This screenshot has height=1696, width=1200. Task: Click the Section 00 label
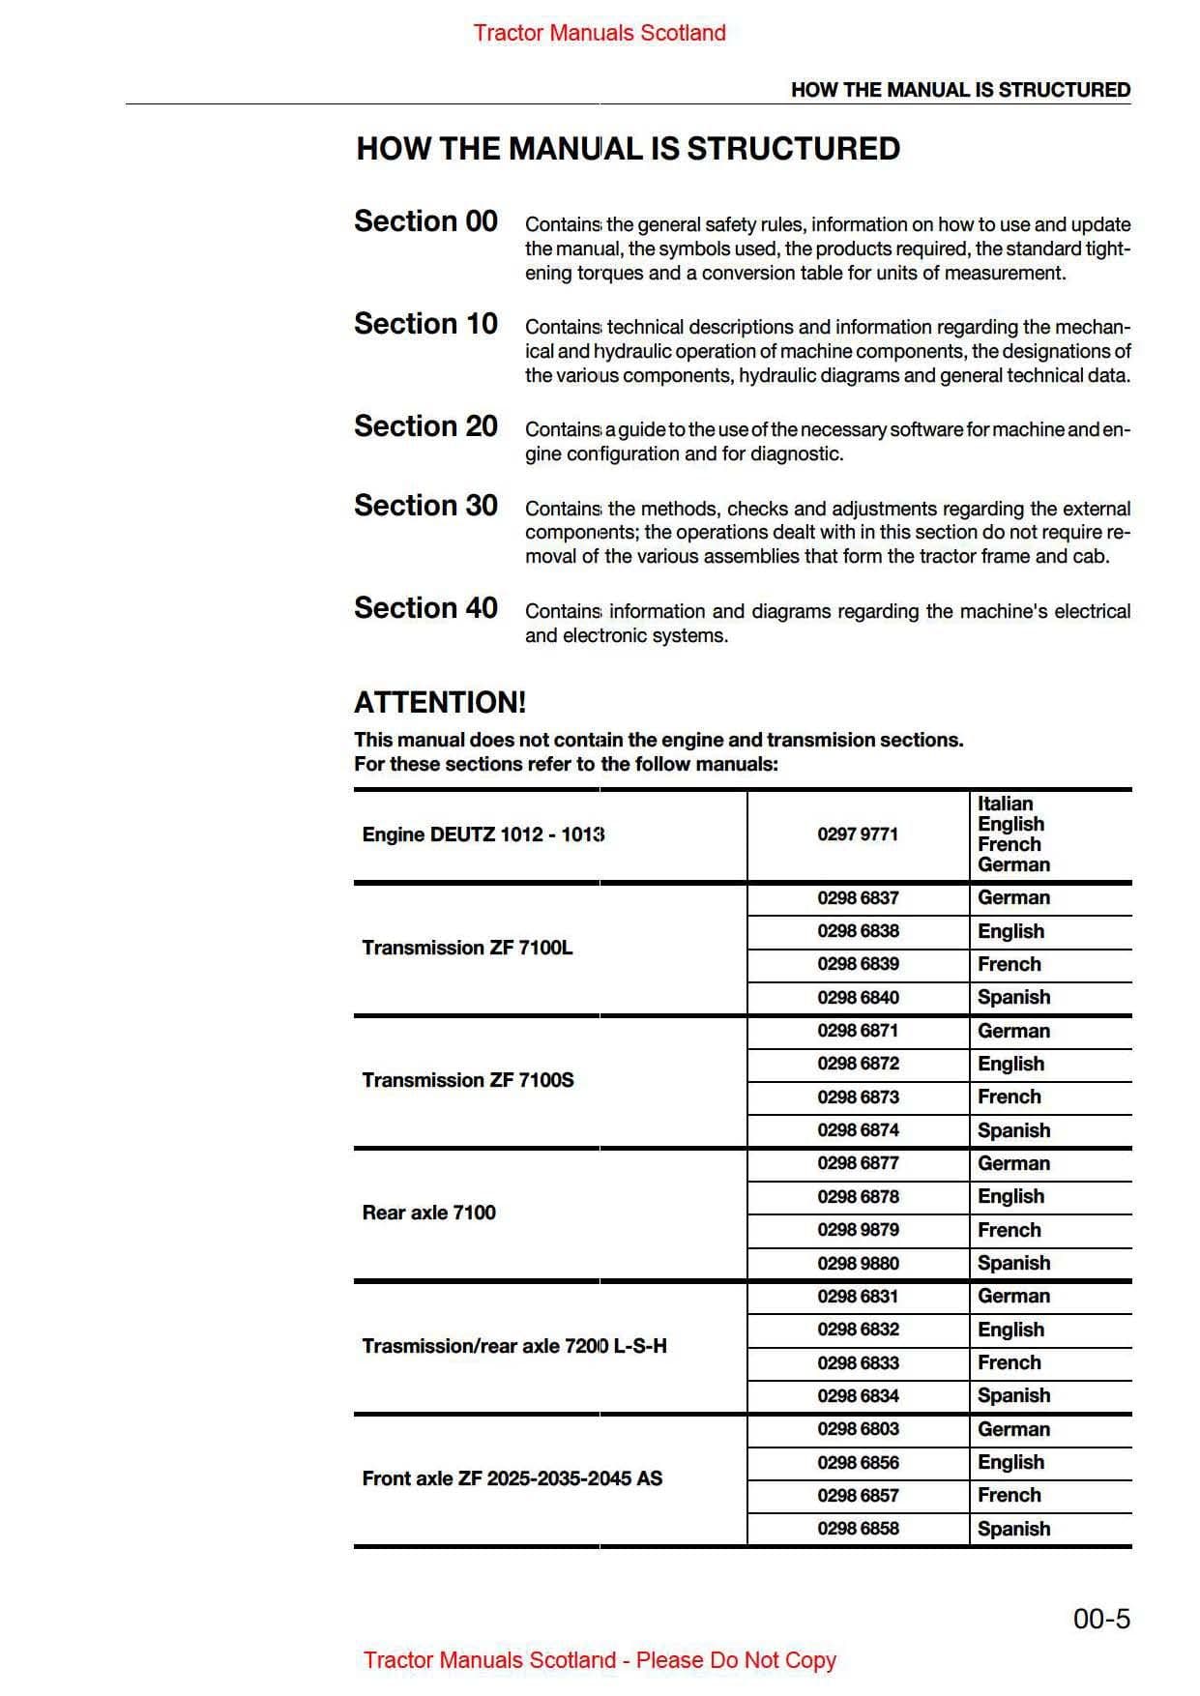425,221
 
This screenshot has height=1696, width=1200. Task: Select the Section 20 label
425,426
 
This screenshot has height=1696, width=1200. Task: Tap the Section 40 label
425,608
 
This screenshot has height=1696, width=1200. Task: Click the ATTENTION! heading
440,703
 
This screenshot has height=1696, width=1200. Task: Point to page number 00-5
1101,1619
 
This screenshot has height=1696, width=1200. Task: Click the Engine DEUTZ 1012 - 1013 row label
483,834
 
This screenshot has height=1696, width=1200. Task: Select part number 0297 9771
858,834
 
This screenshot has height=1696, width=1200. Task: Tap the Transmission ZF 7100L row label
467,948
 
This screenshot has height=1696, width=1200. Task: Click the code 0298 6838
858,931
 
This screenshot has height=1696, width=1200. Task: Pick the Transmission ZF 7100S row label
467,1080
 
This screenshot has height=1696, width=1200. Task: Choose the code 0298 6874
858,1129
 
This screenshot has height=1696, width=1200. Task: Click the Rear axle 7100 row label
428,1213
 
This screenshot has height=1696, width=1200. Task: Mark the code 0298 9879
858,1230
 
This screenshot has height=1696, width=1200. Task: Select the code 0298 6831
858,1296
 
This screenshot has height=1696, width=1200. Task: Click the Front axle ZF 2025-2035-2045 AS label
512,1478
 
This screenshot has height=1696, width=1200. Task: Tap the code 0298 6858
858,1528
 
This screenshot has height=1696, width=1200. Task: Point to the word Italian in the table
1005,804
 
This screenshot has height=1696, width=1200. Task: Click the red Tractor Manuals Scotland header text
600,33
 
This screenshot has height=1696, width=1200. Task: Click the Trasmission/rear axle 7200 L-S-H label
513,1346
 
